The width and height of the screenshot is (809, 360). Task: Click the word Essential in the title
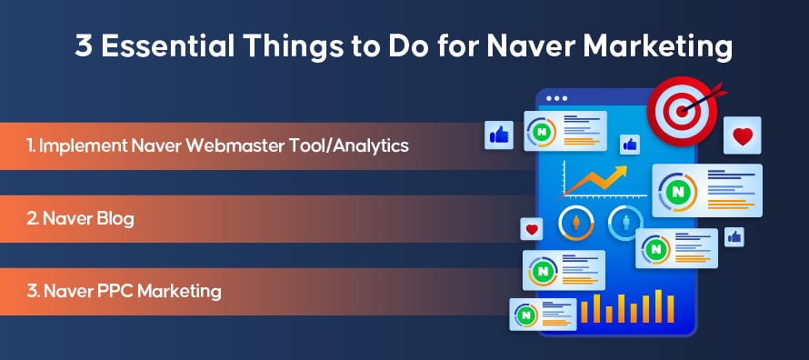[167, 46]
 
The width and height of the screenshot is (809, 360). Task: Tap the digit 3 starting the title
[84, 46]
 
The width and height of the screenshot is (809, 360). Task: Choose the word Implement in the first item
[83, 146]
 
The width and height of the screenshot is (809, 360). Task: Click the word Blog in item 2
[115, 219]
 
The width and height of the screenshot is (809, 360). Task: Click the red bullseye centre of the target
[682, 110]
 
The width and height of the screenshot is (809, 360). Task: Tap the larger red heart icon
[743, 135]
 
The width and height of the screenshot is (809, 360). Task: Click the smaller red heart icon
[532, 228]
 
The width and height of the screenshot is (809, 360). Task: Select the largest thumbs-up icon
[499, 135]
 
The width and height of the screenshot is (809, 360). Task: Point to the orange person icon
[575, 223]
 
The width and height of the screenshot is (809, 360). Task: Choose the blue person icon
[626, 223]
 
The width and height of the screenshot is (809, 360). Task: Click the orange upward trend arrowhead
[620, 171]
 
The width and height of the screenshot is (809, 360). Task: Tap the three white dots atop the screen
[556, 98]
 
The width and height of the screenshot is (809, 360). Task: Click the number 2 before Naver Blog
[32, 219]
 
